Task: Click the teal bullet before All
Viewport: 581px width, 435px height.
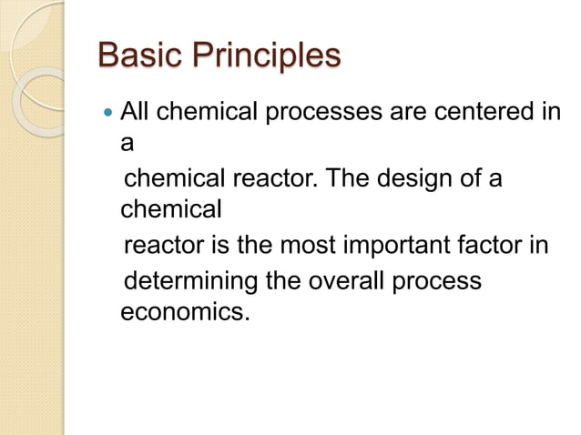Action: (108, 115)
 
